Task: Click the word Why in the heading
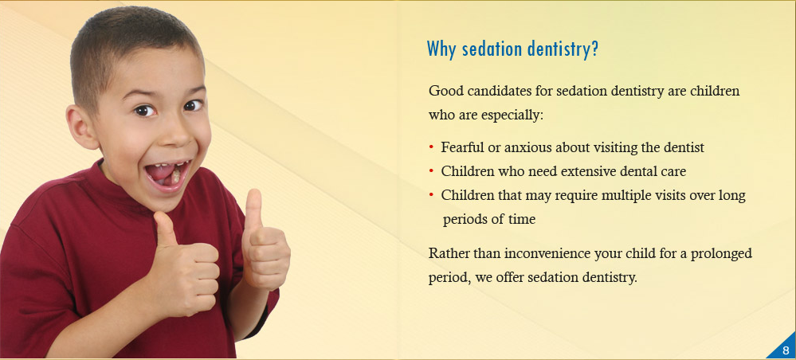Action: click(439, 49)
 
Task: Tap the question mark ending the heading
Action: click(594, 49)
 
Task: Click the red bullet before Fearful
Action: click(432, 147)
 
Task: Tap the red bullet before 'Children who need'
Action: click(432, 171)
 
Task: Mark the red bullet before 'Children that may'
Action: click(432, 195)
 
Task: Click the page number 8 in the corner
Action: click(786, 350)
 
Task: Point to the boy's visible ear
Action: click(81, 127)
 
